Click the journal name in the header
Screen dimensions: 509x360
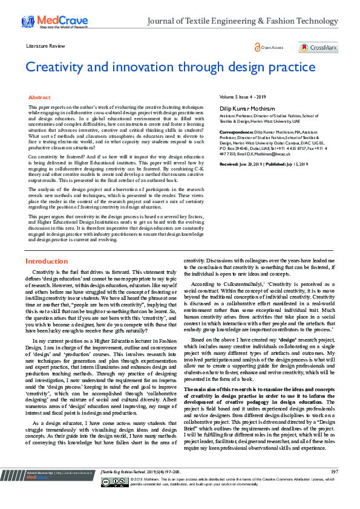(243, 21)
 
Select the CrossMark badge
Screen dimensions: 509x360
(318, 47)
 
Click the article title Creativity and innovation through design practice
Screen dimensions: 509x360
(170, 66)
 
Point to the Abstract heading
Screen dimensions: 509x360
(39, 97)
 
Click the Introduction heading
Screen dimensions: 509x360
(46, 261)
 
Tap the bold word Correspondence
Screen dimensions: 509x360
(236, 131)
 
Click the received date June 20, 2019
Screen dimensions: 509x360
(253, 164)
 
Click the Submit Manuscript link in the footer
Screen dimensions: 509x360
(39, 488)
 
